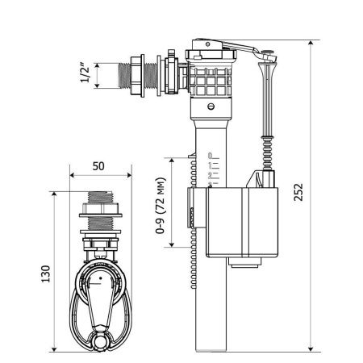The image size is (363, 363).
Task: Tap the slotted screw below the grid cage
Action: pyautogui.click(x=211, y=106)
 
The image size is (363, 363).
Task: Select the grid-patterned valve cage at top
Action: pyautogui.click(x=211, y=79)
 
